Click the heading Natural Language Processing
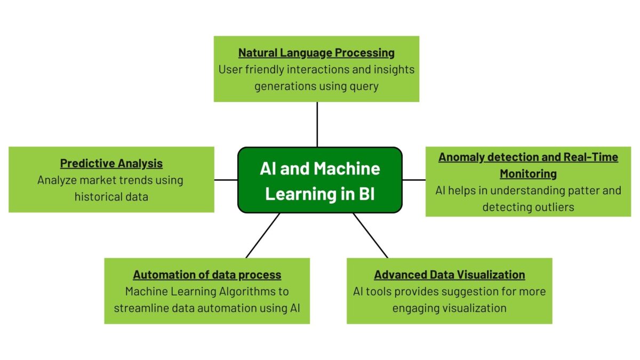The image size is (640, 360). click(x=316, y=53)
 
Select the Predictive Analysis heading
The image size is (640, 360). click(x=111, y=163)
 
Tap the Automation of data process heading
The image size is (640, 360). click(x=207, y=275)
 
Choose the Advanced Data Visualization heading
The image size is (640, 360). click(x=449, y=275)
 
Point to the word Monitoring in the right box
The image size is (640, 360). click(x=528, y=174)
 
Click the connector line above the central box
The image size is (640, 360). click(x=317, y=124)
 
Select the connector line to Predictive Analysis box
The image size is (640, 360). click(x=226, y=180)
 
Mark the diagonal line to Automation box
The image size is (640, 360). click(x=263, y=235)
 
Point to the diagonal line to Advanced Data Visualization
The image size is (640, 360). click(x=370, y=235)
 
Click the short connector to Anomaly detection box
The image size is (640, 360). click(x=414, y=180)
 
